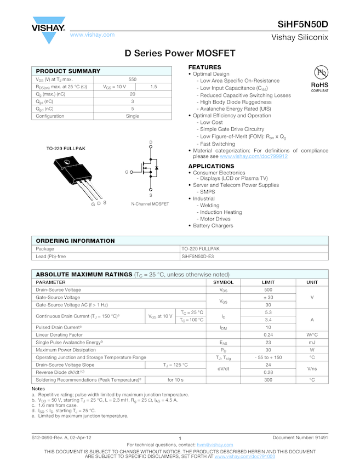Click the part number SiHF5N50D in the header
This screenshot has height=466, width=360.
(x=303, y=25)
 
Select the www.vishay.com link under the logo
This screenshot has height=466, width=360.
(x=93, y=35)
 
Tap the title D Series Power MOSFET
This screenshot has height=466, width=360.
(x=180, y=53)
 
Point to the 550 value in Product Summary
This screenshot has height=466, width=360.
(x=133, y=79)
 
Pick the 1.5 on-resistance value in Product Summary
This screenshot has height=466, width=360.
(x=153, y=87)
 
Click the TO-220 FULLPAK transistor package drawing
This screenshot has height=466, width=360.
(x=77, y=175)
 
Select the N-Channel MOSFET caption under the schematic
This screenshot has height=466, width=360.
(x=150, y=204)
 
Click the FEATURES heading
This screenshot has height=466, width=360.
(x=205, y=67)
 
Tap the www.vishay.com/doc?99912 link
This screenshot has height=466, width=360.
(x=254, y=156)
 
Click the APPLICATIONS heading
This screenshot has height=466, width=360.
(x=211, y=166)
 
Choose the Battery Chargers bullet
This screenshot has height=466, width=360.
(x=213, y=225)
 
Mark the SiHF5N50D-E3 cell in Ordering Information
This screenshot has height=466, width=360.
(x=200, y=256)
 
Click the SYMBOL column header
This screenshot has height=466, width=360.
(x=223, y=282)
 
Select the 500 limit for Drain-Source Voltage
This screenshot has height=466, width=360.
(x=268, y=289)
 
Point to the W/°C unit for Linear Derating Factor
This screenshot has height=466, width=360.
(x=312, y=334)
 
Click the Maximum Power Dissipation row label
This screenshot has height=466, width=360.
(x=66, y=350)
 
